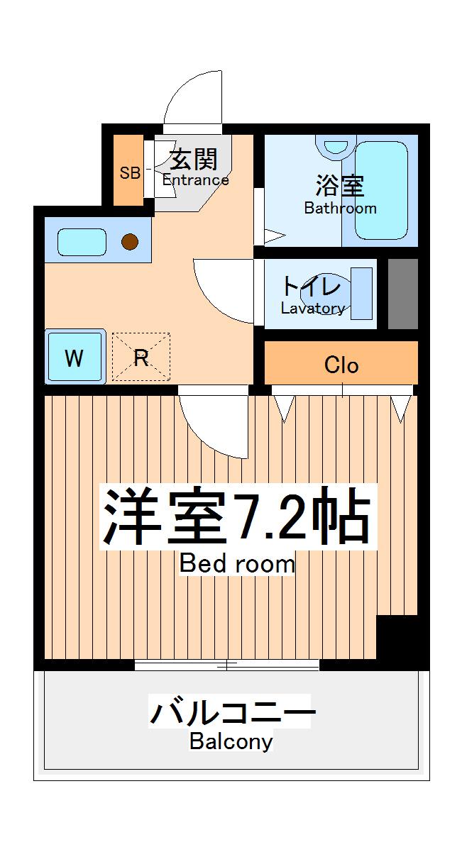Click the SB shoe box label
(130, 172)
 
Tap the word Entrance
(196, 180)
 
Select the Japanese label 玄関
(192, 157)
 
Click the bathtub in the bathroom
(381, 190)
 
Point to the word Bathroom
(340, 209)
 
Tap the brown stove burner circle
(129, 243)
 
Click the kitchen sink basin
(81, 242)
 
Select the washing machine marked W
(75, 358)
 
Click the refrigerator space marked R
(141, 358)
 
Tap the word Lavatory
(312, 309)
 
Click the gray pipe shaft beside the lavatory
(402, 294)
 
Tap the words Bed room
(236, 564)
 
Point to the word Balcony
(231, 742)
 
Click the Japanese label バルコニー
(231, 712)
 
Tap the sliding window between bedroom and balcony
(226, 665)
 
